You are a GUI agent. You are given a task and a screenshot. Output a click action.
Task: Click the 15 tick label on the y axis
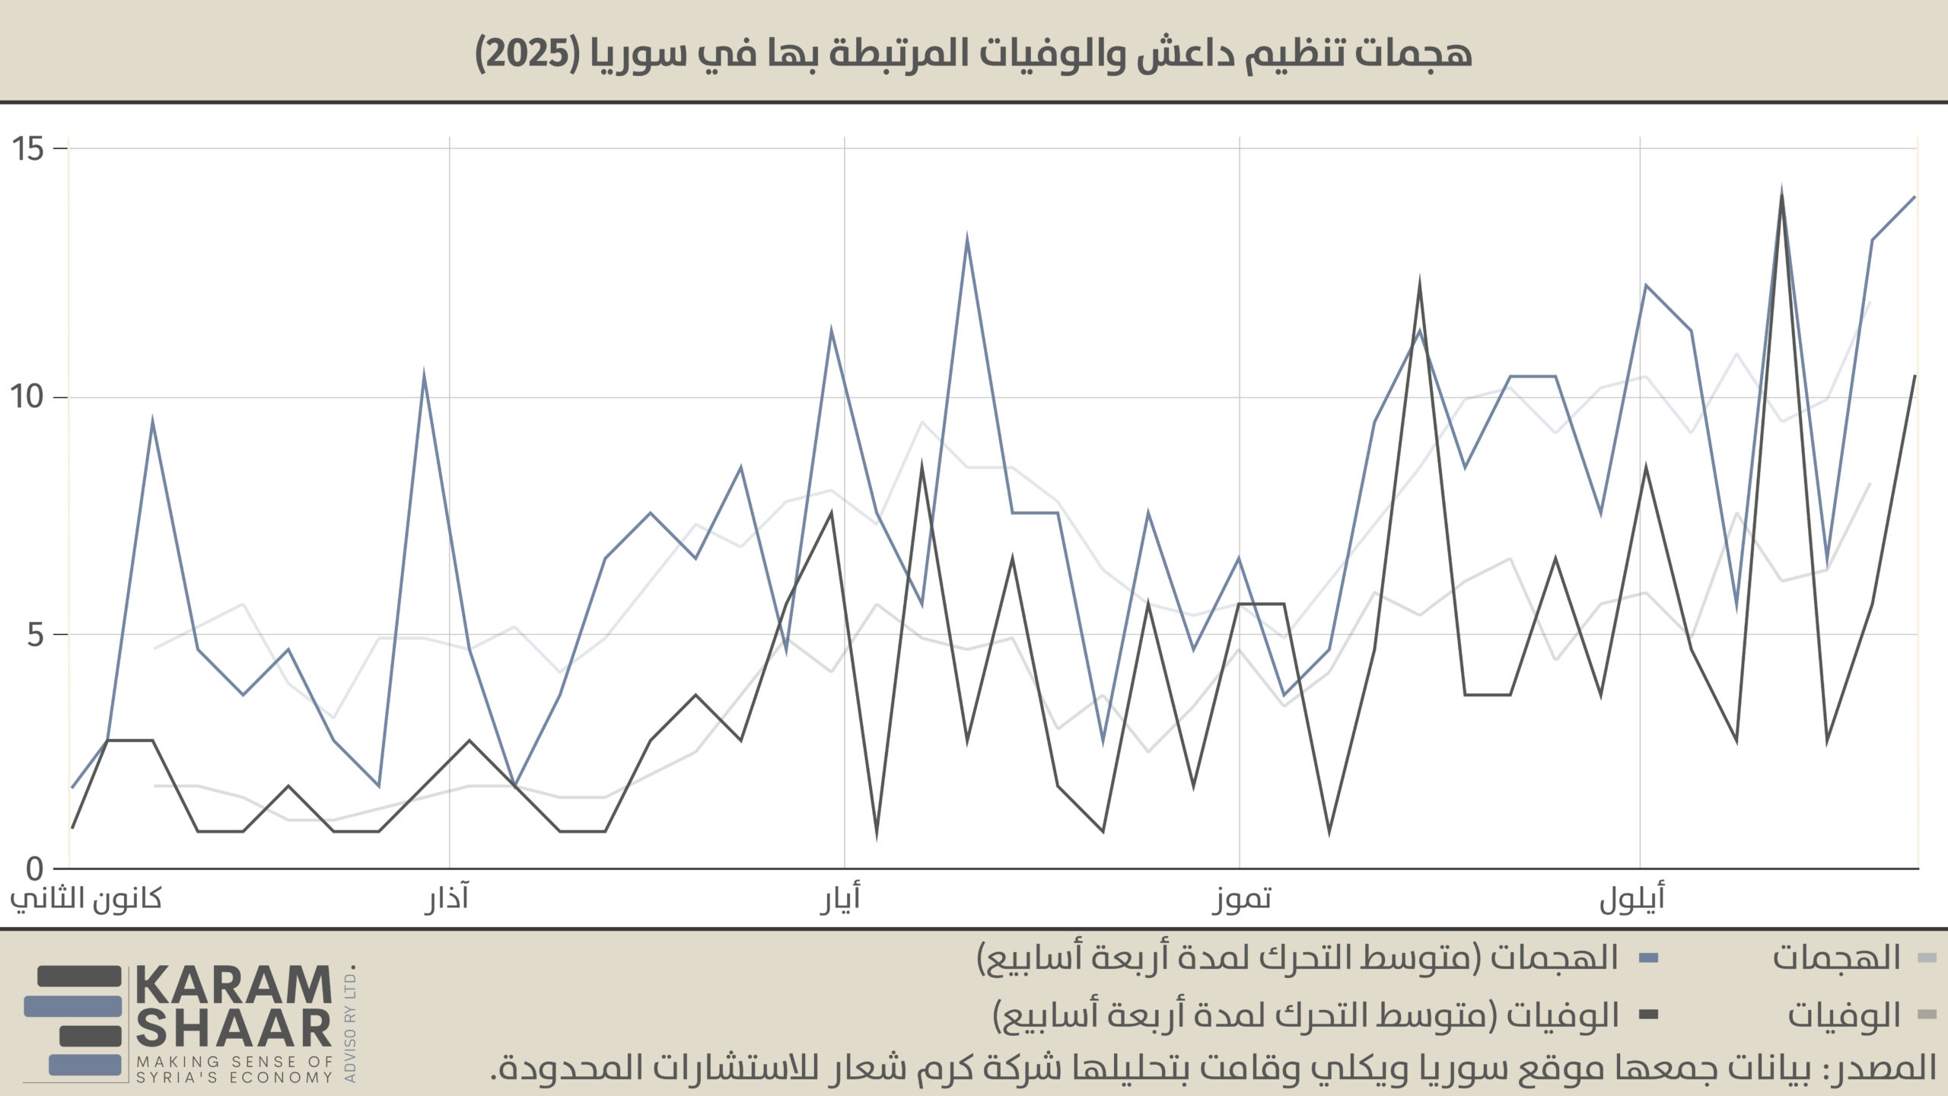click(28, 148)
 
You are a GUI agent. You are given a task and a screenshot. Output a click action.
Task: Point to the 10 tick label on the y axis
click(28, 397)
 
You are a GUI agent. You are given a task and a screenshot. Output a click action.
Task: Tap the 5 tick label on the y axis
click(36, 634)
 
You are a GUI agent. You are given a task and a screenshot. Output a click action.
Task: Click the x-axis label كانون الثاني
click(86, 899)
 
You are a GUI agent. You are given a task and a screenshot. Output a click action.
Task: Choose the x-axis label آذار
click(447, 899)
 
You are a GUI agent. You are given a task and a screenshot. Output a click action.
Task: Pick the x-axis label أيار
click(840, 899)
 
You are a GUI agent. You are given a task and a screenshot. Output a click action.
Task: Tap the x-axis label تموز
click(1241, 899)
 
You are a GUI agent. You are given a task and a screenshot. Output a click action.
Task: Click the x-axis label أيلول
click(1631, 899)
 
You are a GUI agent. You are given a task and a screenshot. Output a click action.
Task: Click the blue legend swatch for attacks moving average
click(1648, 957)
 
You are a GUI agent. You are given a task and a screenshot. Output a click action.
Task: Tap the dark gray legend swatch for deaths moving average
click(1648, 1014)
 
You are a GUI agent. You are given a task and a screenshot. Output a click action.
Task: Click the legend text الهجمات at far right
click(1836, 957)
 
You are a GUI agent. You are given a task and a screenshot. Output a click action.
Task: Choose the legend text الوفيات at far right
click(1844, 1015)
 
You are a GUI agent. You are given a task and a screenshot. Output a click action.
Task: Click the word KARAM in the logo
click(234, 986)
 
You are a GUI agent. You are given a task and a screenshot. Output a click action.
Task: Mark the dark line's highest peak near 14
click(1781, 196)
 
